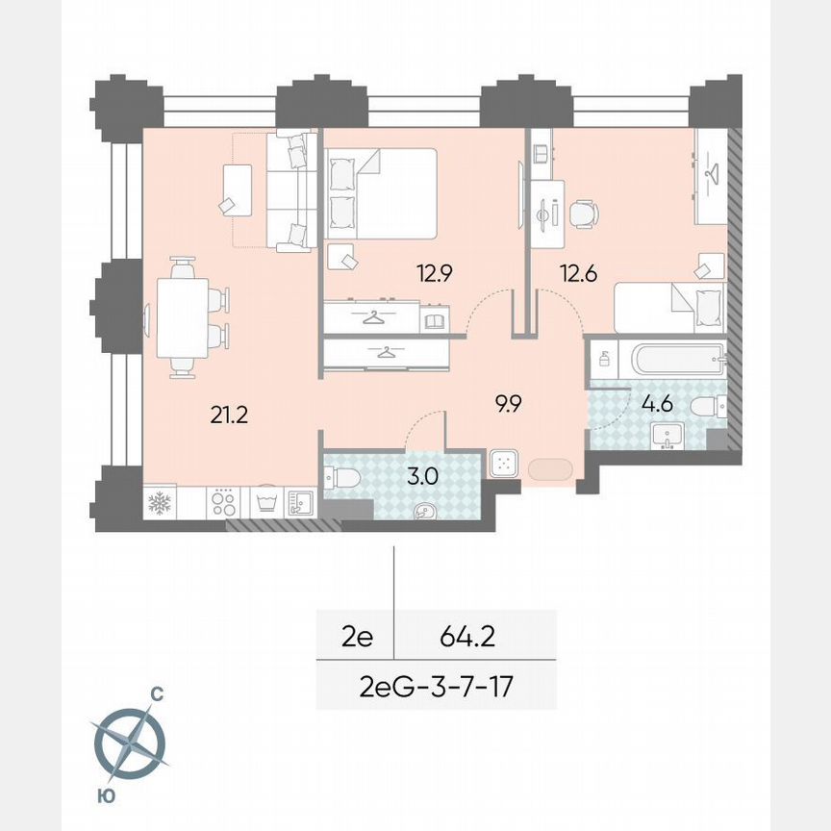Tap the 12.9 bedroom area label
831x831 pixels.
coord(435,273)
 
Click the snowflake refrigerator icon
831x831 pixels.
coord(158,503)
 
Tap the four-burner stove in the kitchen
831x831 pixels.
coord(223,502)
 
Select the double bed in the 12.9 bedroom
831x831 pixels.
coord(382,192)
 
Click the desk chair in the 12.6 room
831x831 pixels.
coord(583,214)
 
